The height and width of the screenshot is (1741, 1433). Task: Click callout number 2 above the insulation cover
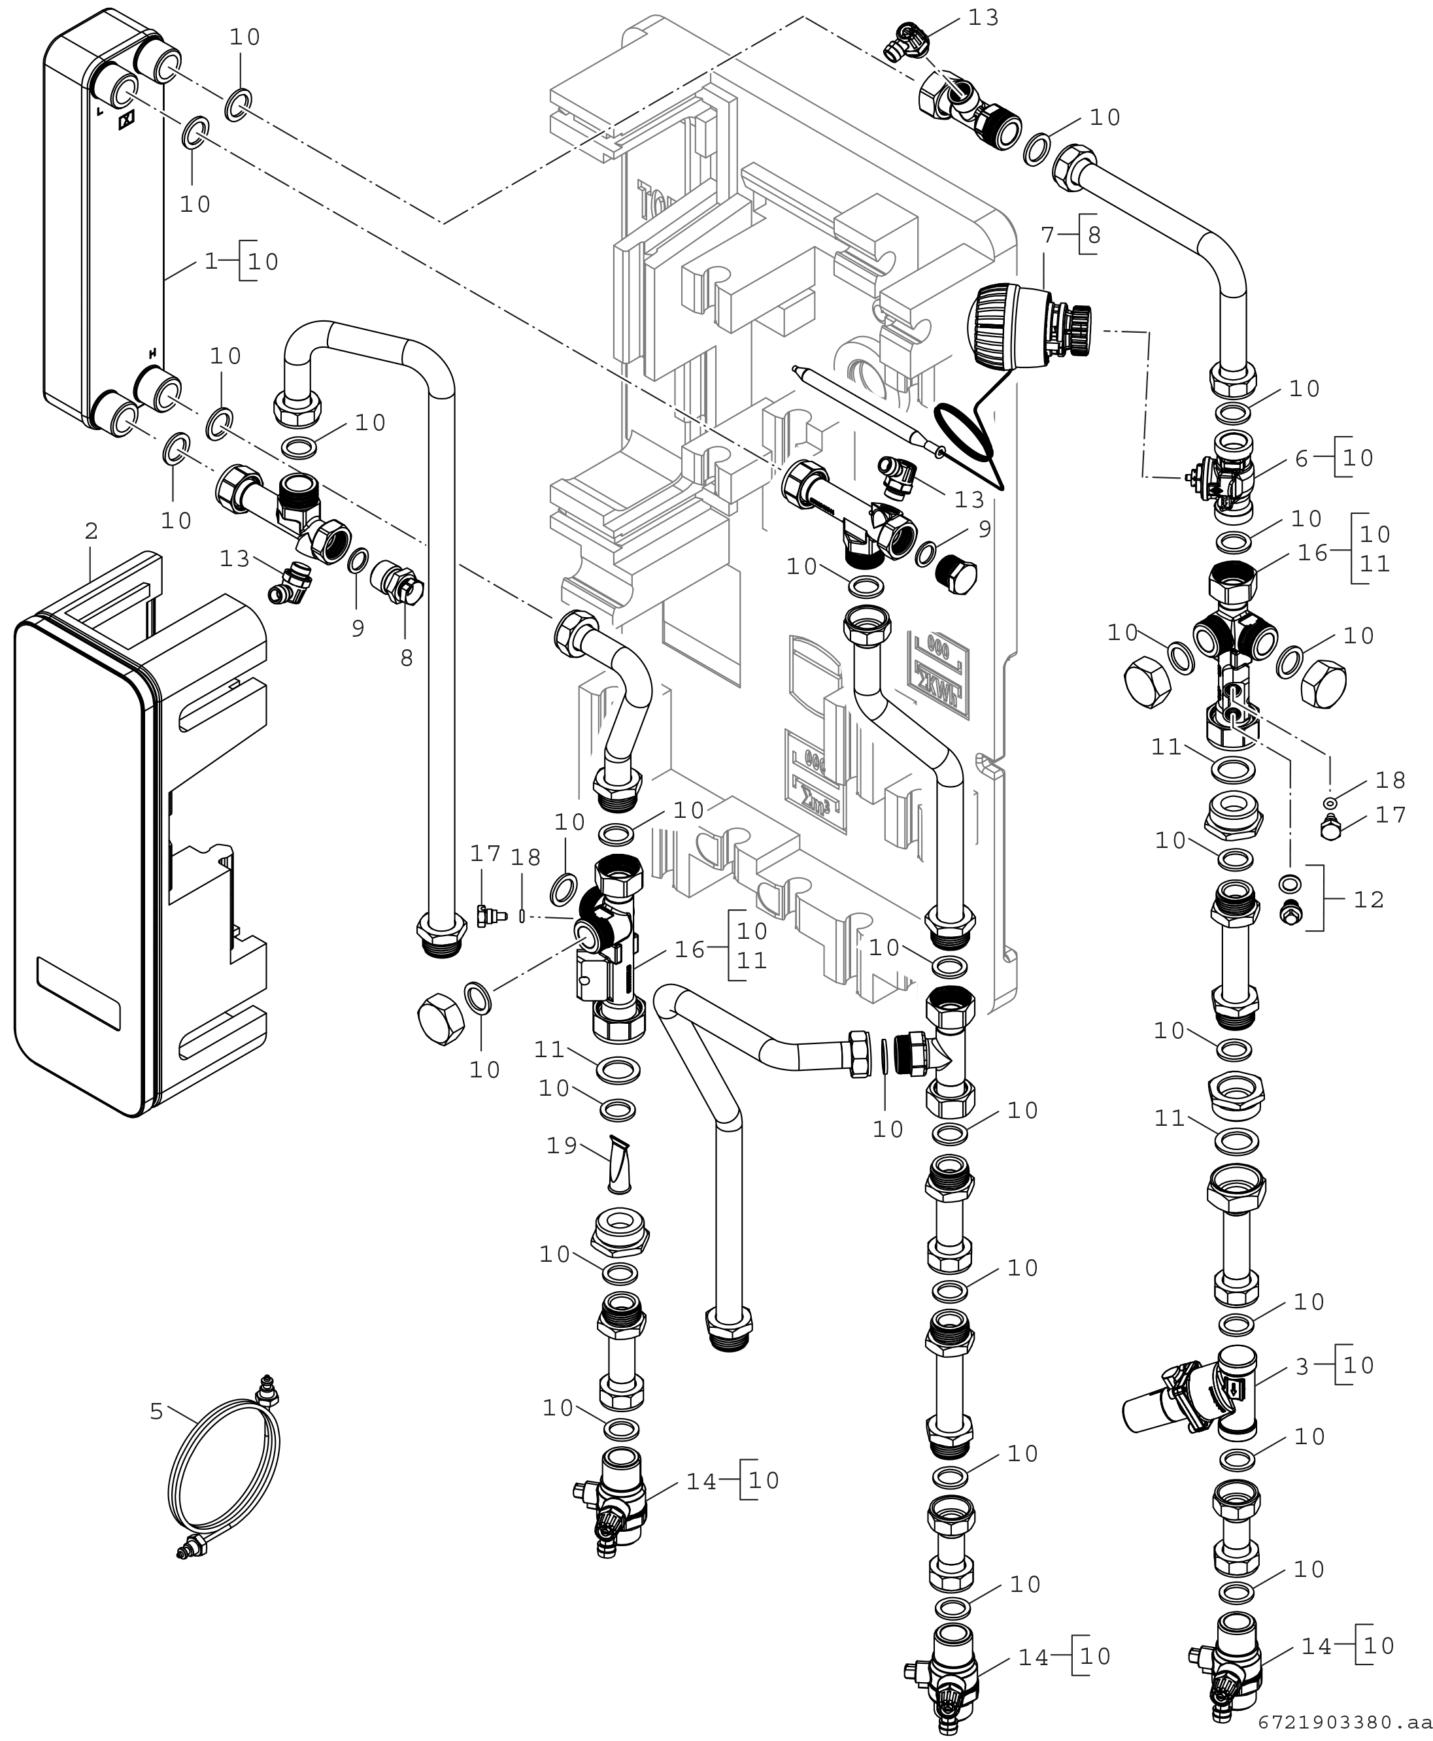[91, 532]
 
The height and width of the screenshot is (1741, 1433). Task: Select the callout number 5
[157, 1411]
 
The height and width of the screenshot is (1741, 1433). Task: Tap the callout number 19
[562, 1146]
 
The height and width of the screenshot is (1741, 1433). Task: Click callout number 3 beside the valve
[1302, 1367]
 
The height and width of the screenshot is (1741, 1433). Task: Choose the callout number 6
[1302, 458]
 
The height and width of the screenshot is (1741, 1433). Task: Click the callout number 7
[1049, 236]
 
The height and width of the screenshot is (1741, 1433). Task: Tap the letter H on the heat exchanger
[152, 353]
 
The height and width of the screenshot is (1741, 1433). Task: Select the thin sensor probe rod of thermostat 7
[869, 409]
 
